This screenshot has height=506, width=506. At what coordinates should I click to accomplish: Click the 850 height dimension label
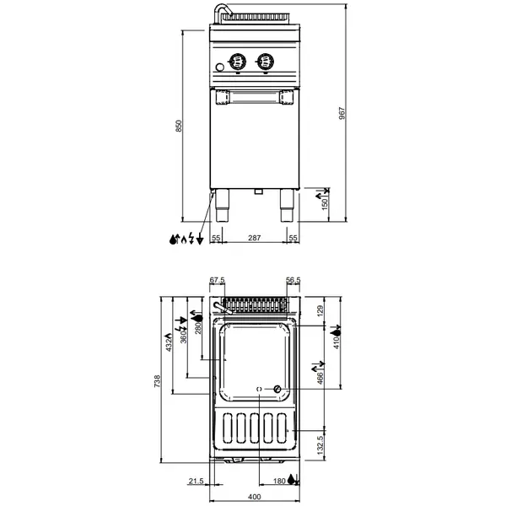pyautogui.click(x=178, y=125)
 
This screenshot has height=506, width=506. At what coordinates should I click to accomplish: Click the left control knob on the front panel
pyautogui.click(x=240, y=61)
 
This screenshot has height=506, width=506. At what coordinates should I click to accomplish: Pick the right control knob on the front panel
pyautogui.click(x=267, y=61)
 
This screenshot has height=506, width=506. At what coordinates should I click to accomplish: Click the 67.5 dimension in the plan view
pyautogui.click(x=218, y=281)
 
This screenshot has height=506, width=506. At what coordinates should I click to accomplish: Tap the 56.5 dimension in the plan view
pyautogui.click(x=293, y=281)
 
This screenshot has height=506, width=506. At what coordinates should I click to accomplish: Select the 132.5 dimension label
pyautogui.click(x=320, y=443)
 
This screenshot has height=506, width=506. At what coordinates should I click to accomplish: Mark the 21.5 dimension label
pyautogui.click(x=196, y=481)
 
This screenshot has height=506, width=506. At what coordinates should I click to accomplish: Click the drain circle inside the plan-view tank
pyautogui.click(x=276, y=388)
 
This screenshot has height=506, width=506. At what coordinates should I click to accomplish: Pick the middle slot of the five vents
pyautogui.click(x=255, y=430)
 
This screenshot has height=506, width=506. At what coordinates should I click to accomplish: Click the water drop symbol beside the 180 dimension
pyautogui.click(x=292, y=481)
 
